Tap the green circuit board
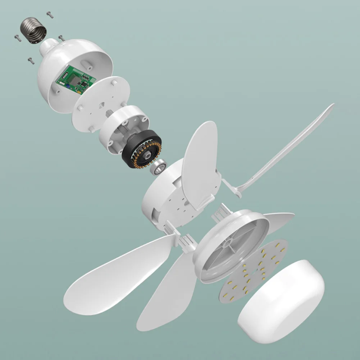pos(76,81)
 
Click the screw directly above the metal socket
pos(50,15)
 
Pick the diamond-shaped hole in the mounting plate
pos(101,104)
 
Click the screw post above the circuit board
pos(87,63)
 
